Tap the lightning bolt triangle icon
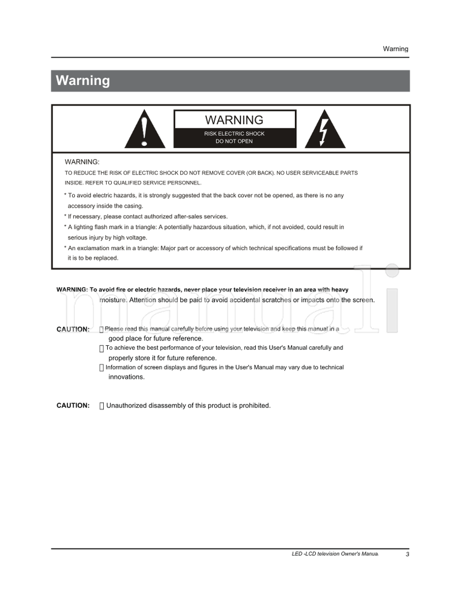pos(324,131)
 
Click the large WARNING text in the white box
pos(234,120)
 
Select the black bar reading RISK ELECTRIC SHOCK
pos(235,137)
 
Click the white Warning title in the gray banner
pos(82,81)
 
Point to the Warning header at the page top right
pos(395,49)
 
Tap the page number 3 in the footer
pos(407,554)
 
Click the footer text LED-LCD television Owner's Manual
pos(335,554)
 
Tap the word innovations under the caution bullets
pos(126,377)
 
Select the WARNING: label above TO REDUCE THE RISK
pos(82,162)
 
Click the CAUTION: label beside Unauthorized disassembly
pos(73,406)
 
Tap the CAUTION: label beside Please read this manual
pos(73,330)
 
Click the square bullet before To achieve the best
pos(101,349)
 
